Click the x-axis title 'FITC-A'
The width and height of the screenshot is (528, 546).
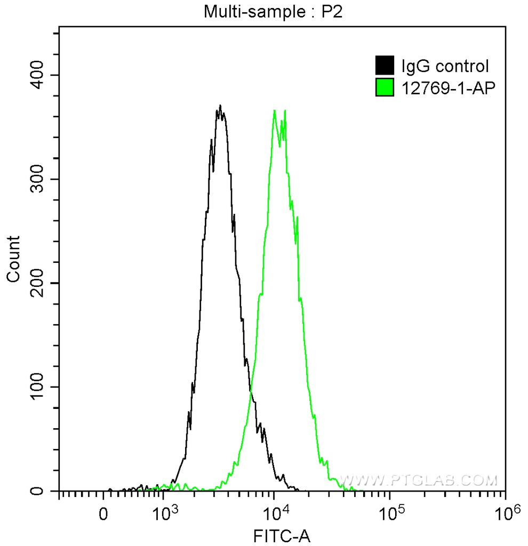pos(282,535)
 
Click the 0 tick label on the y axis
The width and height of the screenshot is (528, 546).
pos(45,491)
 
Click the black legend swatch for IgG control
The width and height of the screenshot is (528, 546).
pos(385,66)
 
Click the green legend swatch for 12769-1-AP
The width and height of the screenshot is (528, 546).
pos(385,87)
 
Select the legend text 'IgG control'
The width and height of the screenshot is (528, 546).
pos(445,67)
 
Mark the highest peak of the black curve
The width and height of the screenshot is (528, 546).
pos(220,106)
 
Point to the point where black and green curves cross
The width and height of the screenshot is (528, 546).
pos(250,391)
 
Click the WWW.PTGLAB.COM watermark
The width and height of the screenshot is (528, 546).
pos(419,481)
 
